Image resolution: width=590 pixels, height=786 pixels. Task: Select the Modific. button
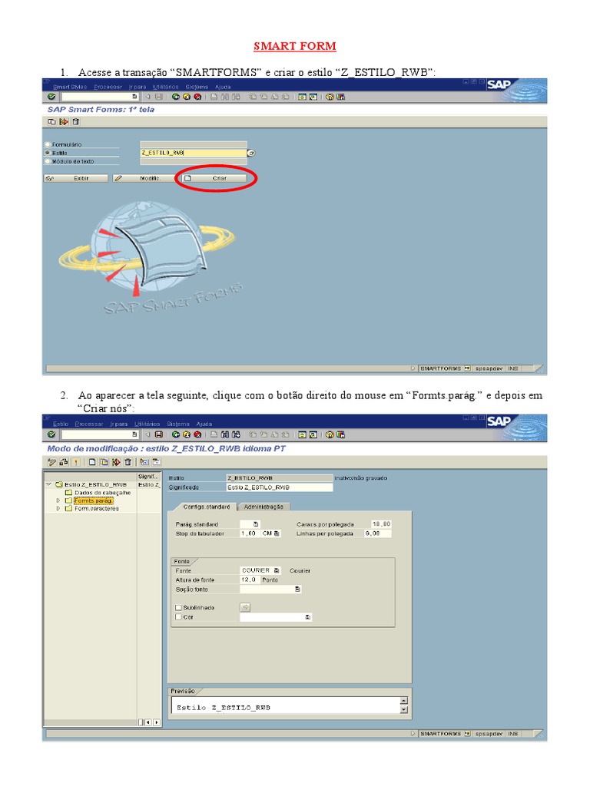tap(143, 178)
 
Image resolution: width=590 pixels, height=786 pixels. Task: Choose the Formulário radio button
tap(48, 144)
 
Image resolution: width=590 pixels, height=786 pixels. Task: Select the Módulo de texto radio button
tap(48, 161)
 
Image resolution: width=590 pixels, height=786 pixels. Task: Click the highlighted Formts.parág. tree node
tap(94, 500)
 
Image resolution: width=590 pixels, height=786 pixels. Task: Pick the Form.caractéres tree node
tap(96, 508)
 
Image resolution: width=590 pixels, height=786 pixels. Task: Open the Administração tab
tap(264, 507)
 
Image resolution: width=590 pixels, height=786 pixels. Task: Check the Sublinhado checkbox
tap(179, 607)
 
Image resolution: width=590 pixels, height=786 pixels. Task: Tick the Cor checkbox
tap(179, 616)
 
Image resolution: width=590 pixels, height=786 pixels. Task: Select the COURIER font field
tap(256, 571)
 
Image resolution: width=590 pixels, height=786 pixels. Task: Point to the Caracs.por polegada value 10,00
tap(381, 523)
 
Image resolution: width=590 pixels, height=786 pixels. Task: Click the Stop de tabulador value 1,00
tap(248, 533)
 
